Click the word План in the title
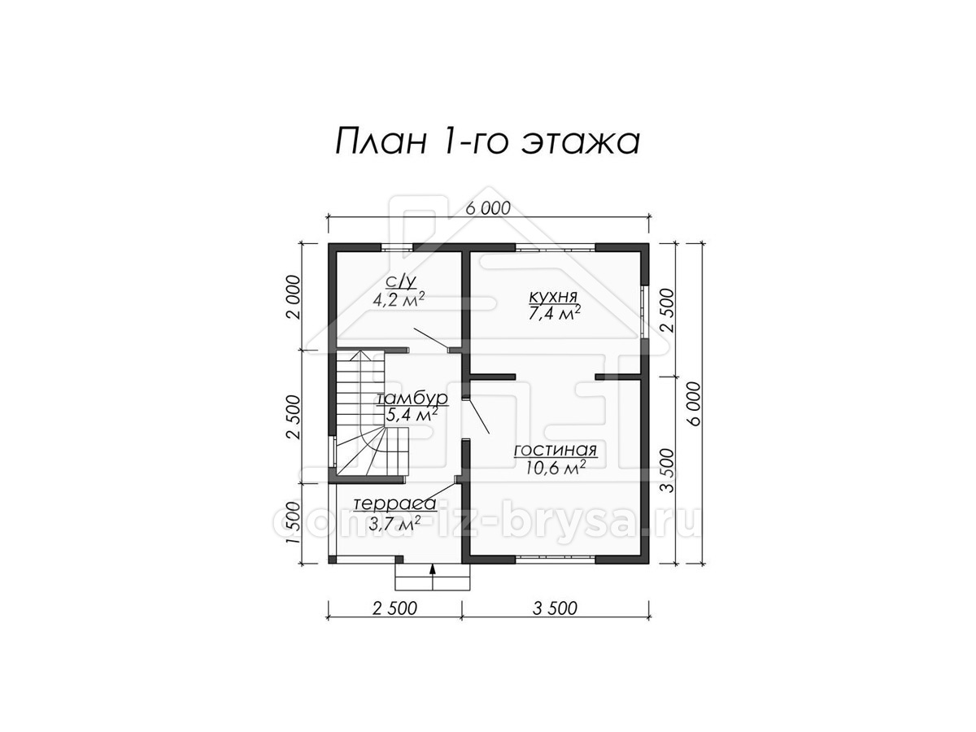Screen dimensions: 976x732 [381, 142]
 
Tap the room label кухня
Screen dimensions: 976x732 [553, 295]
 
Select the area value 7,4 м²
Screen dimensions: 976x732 [555, 312]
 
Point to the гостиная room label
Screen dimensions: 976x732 [555, 451]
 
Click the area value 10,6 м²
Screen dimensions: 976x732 [555, 467]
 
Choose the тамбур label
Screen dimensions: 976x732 [412, 399]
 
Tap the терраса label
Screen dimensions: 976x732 [394, 504]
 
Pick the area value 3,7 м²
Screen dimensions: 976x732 [394, 523]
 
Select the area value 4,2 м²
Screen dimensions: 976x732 [399, 299]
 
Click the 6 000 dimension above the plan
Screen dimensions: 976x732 [488, 208]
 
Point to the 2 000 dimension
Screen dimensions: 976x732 [294, 298]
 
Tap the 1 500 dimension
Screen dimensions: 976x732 [294, 523]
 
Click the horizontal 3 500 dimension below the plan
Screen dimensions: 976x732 [555, 608]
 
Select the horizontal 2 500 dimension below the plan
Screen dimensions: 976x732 [394, 608]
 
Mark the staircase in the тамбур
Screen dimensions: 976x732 [373, 412]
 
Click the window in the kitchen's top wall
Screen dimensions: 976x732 [555, 247]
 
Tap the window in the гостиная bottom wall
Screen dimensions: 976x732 [555, 560]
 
